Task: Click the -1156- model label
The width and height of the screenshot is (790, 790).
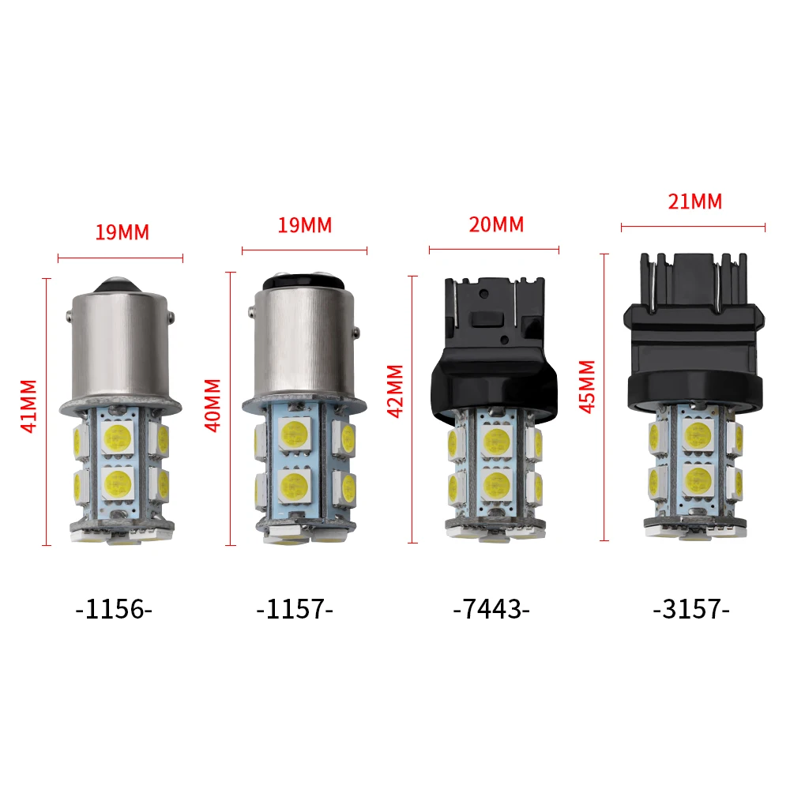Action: [113, 610]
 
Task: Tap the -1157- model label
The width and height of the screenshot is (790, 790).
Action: [295, 610]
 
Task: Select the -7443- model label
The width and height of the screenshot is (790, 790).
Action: [491, 610]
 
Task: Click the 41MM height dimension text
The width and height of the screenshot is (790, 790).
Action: [28, 406]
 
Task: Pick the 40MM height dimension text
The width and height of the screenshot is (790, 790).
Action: [213, 404]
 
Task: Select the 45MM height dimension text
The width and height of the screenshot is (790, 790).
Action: [587, 386]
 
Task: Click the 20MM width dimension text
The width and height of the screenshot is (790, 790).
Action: [496, 224]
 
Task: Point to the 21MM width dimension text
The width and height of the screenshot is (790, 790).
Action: [695, 201]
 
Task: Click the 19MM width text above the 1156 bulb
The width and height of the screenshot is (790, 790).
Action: [122, 232]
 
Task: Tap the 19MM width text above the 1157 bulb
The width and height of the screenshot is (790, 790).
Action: [305, 224]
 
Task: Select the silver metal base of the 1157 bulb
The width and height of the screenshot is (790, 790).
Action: [304, 340]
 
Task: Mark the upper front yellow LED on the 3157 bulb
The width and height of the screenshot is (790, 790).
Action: [698, 434]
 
